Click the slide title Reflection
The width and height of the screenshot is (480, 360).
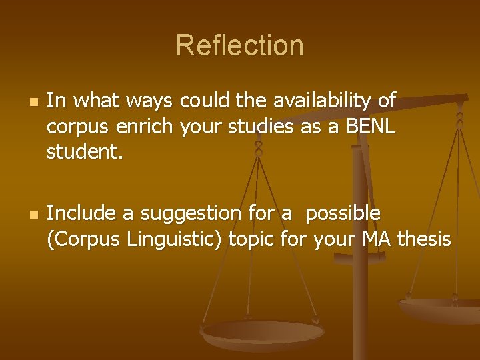click(x=240, y=46)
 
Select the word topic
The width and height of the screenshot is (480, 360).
click(x=251, y=239)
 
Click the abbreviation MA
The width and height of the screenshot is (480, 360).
click(x=378, y=239)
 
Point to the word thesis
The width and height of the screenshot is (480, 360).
click(x=425, y=239)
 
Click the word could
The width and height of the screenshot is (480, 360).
click(x=205, y=101)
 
